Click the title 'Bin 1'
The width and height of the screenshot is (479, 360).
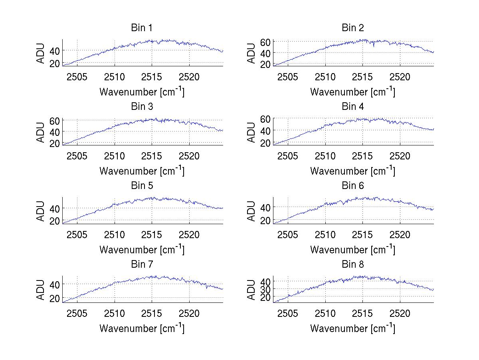pos(142,28)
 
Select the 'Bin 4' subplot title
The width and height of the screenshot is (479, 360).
pos(353,107)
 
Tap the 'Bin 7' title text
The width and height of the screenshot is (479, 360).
pos(142,265)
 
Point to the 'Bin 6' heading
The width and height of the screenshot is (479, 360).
pos(353,186)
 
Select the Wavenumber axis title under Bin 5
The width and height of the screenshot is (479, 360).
pos(142,250)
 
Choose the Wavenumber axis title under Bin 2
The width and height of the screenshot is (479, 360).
pos(353,92)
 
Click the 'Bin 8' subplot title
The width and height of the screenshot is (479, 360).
pos(353,265)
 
